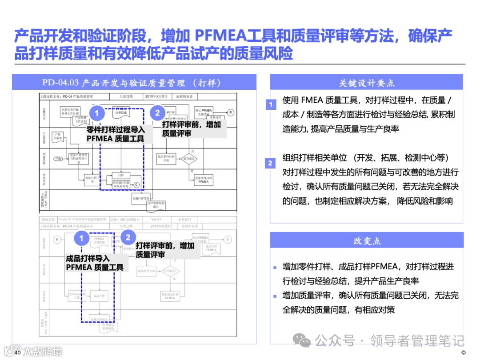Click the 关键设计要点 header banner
click(x=367, y=83)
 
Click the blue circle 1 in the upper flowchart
click(x=96, y=113)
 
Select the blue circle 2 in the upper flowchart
click(x=157, y=113)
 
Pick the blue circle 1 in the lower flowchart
click(x=81, y=239)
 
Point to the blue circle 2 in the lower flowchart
click(x=128, y=238)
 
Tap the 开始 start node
click(x=58, y=159)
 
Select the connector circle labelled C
click(x=136, y=184)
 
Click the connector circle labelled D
click(x=227, y=240)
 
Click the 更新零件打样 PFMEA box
click(x=203, y=180)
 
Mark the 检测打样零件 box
click(x=143, y=198)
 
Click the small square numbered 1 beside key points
click(x=271, y=105)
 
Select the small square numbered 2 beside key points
click(x=270, y=163)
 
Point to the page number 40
click(x=18, y=352)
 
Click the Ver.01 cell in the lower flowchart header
click(x=156, y=220)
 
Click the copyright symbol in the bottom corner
click(x=464, y=353)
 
